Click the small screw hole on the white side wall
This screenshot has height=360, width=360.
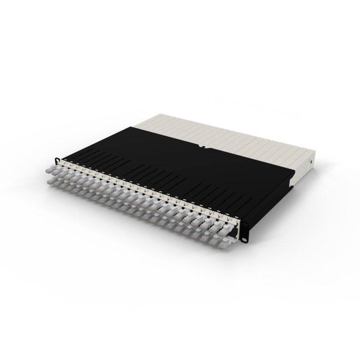(x=310, y=161)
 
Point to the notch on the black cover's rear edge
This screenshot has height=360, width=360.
(x=203, y=146)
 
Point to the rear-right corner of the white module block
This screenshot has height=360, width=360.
(x=315, y=152)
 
